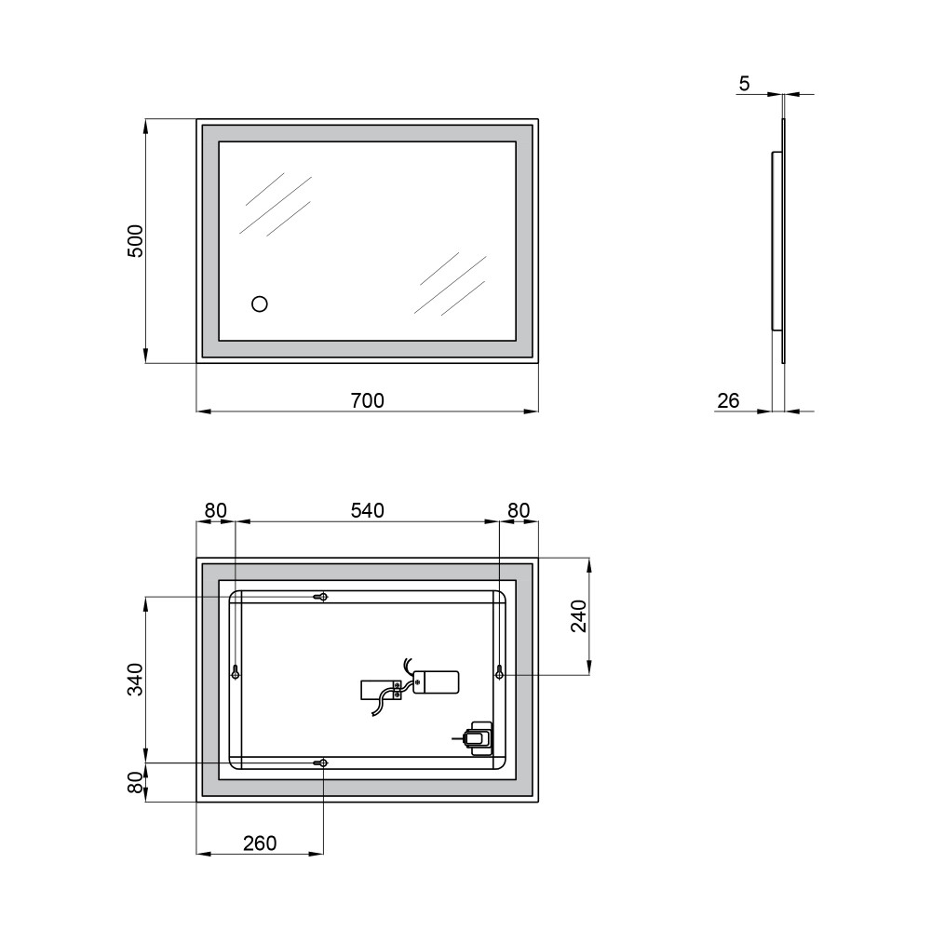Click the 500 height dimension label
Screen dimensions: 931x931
136,240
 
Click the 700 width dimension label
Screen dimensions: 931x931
368,400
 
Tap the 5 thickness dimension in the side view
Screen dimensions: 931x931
745,84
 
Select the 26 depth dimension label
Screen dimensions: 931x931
728,400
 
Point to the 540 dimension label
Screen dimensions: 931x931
368,510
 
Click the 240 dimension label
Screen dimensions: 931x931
579,615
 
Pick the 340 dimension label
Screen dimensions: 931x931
136,680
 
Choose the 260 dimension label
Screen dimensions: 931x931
260,843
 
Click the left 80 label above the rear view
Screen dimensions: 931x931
216,510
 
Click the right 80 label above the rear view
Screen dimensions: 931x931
519,510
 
